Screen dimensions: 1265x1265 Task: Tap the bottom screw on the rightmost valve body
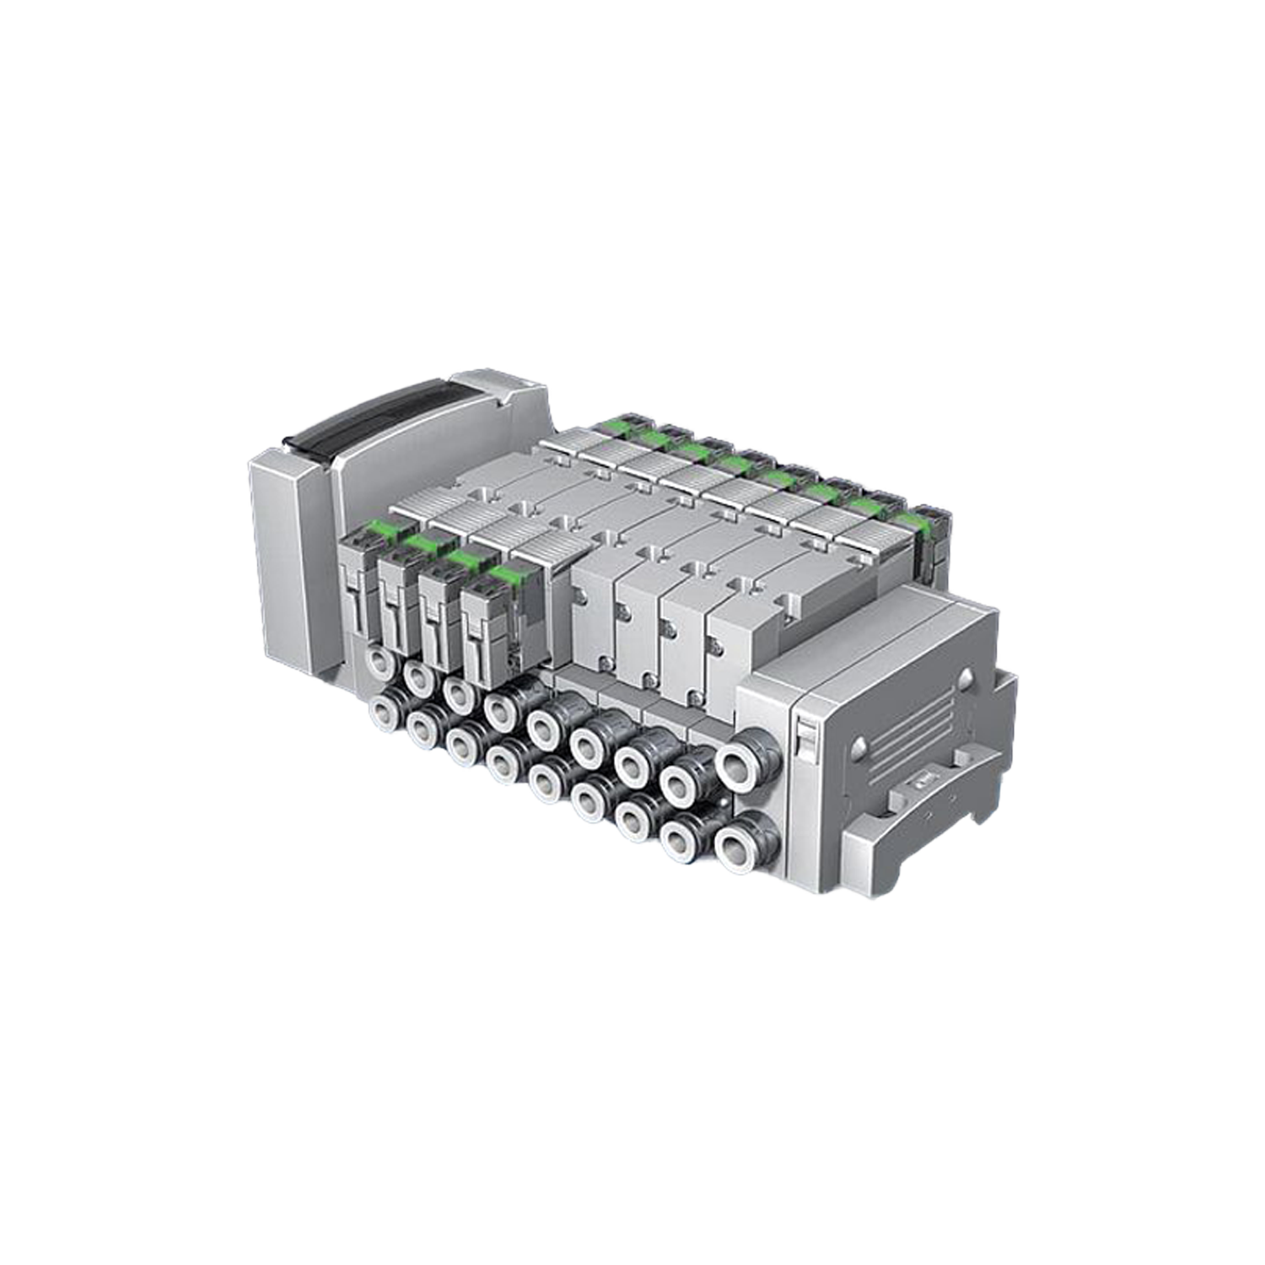click(x=695, y=697)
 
